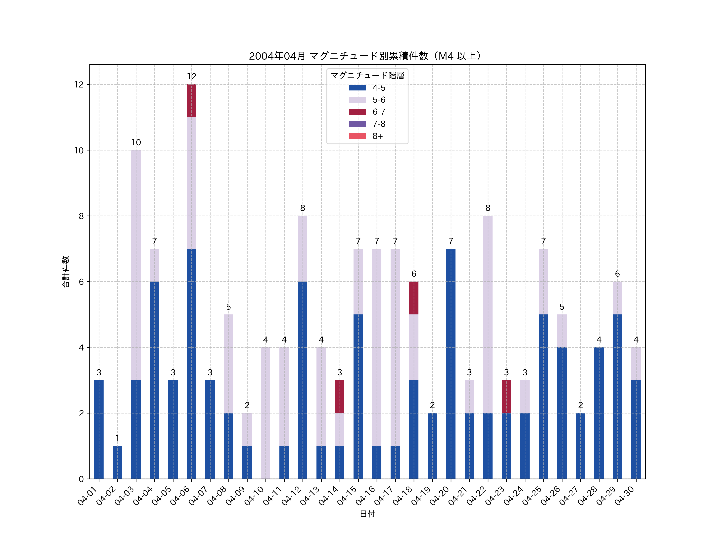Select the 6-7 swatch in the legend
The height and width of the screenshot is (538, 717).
tap(357, 112)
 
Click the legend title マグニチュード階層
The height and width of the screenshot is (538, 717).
tap(367, 76)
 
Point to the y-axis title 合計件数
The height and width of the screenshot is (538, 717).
tap(66, 272)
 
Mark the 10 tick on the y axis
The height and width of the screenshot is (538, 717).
tap(79, 150)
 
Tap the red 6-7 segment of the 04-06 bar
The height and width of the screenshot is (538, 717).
tap(192, 101)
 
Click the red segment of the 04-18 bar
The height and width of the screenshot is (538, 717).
tap(414, 298)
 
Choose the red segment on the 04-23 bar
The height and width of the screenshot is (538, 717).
tap(506, 397)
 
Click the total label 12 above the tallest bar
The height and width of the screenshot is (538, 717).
tap(192, 77)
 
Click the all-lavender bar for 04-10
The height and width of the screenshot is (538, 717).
tap(265, 413)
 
